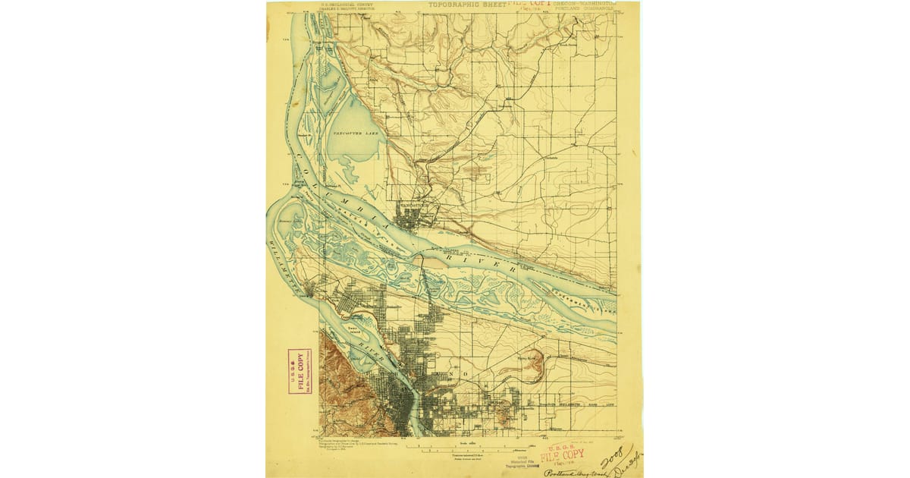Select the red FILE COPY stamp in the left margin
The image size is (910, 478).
pos(300,372)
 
